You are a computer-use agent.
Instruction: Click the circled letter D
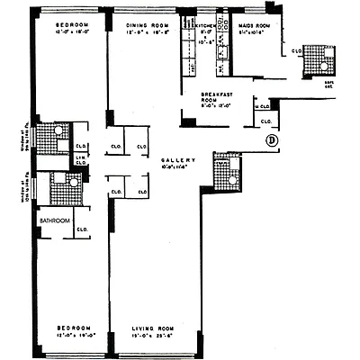[271, 140]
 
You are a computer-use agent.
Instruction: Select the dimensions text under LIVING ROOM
[151, 337]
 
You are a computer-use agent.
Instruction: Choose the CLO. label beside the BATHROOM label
[80, 229]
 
